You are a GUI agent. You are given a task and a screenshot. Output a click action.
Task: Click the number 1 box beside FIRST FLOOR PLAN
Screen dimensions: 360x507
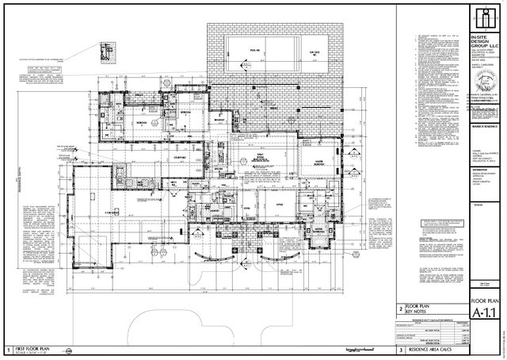click(x=7, y=349)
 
